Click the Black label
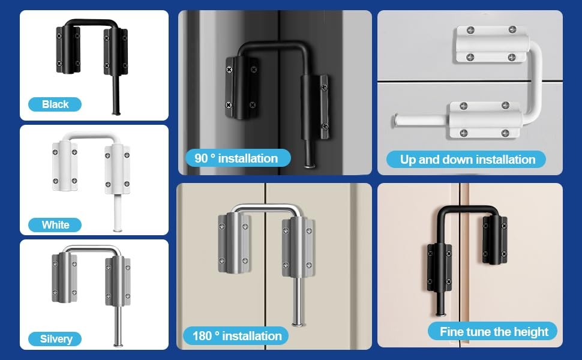pos(55,104)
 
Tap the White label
pos(55,225)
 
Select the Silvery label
pos(55,339)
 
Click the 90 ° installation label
pos(238,158)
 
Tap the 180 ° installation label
pos(236,336)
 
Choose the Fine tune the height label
pos(493,331)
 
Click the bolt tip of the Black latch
pos(116,113)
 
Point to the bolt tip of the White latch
pos(118,230)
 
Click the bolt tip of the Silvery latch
pos(118,345)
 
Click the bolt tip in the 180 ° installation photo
pos(298,325)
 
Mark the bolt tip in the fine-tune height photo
pos(440,314)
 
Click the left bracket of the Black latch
pos(68,49)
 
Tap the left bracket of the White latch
pos(65,166)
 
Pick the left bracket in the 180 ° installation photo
pos(234,243)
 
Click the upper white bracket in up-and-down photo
pos(491,44)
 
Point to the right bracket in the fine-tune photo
pos(495,240)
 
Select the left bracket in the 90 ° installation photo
pos(242,88)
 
